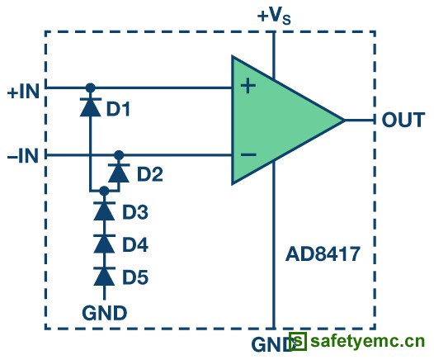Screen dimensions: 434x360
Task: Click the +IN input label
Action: (x=23, y=92)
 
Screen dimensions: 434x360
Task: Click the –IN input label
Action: (x=23, y=156)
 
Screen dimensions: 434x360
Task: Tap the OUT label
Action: (x=403, y=120)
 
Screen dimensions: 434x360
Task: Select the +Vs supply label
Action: (x=274, y=16)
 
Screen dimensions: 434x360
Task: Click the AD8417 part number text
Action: (x=323, y=254)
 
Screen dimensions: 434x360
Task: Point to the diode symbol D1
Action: (x=90, y=107)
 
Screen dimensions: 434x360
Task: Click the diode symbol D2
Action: (x=119, y=173)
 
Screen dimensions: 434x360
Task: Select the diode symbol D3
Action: (x=104, y=211)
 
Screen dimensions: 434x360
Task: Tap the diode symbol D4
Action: (x=104, y=244)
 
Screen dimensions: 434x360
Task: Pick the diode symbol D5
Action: (x=104, y=277)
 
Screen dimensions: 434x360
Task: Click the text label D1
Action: (x=118, y=109)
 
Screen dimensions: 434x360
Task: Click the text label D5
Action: (x=135, y=277)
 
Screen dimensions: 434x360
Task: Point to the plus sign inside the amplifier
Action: (x=248, y=86)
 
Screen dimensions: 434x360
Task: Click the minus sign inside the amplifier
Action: (x=248, y=154)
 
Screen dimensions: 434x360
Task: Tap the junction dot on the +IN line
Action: (x=90, y=88)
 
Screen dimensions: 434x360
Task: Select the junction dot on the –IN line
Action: (x=119, y=155)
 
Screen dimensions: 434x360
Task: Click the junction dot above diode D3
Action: (x=104, y=191)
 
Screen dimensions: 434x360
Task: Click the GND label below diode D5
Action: (x=105, y=313)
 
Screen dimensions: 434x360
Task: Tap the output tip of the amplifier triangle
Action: (x=345, y=121)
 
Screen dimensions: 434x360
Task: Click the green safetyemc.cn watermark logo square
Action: (x=298, y=341)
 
